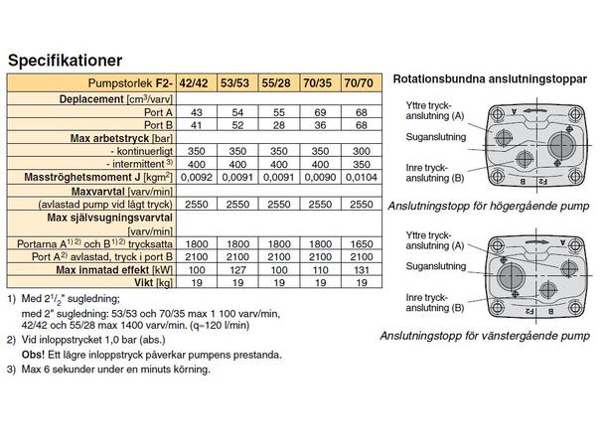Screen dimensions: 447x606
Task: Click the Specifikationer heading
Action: pyautogui.click(x=66, y=61)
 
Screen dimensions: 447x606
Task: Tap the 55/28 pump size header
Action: pyautogui.click(x=275, y=85)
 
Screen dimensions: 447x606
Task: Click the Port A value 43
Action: pyautogui.click(x=197, y=114)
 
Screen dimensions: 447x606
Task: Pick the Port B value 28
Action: pyautogui.click(x=275, y=126)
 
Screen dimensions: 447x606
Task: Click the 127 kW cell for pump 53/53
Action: pyautogui.click(x=236, y=269)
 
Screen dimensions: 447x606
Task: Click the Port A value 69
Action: pyautogui.click(x=314, y=114)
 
